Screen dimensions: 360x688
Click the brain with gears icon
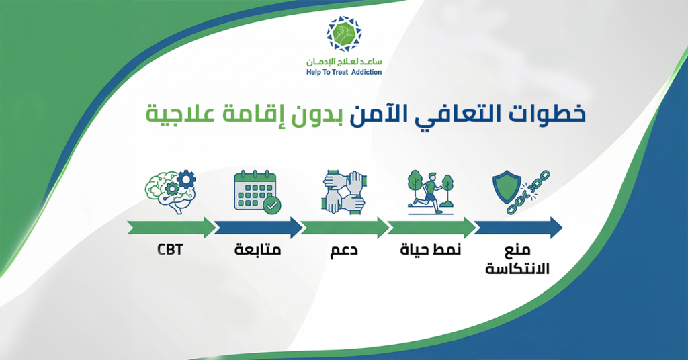[x=170, y=190]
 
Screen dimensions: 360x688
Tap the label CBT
[x=170, y=251]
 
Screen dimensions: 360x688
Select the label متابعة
[x=257, y=251]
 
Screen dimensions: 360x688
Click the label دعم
[x=344, y=252]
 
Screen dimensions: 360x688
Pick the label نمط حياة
[x=431, y=251]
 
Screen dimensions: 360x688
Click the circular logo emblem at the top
[x=343, y=34]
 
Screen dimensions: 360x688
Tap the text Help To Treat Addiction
[x=343, y=72]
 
